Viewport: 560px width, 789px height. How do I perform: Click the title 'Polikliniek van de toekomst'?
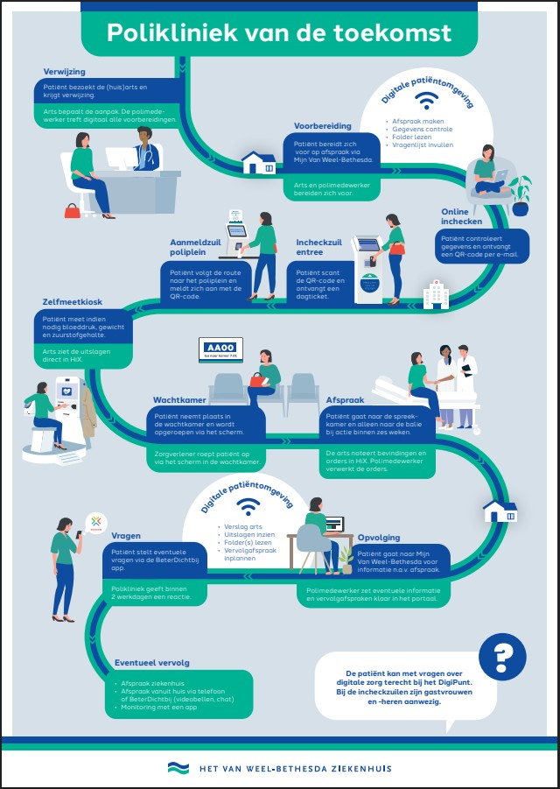279,33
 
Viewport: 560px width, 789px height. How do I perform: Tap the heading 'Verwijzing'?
65,71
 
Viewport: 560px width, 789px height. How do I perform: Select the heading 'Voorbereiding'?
323,125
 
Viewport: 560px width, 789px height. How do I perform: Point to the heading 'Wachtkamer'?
178,399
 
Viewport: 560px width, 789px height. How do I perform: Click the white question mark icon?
503,655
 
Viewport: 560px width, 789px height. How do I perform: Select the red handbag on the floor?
71,210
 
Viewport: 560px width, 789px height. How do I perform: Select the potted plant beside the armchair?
521,194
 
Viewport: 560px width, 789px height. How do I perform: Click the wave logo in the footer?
178,768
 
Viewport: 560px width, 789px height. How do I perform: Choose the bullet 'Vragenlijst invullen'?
423,145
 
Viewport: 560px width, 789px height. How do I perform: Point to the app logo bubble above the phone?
94,523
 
